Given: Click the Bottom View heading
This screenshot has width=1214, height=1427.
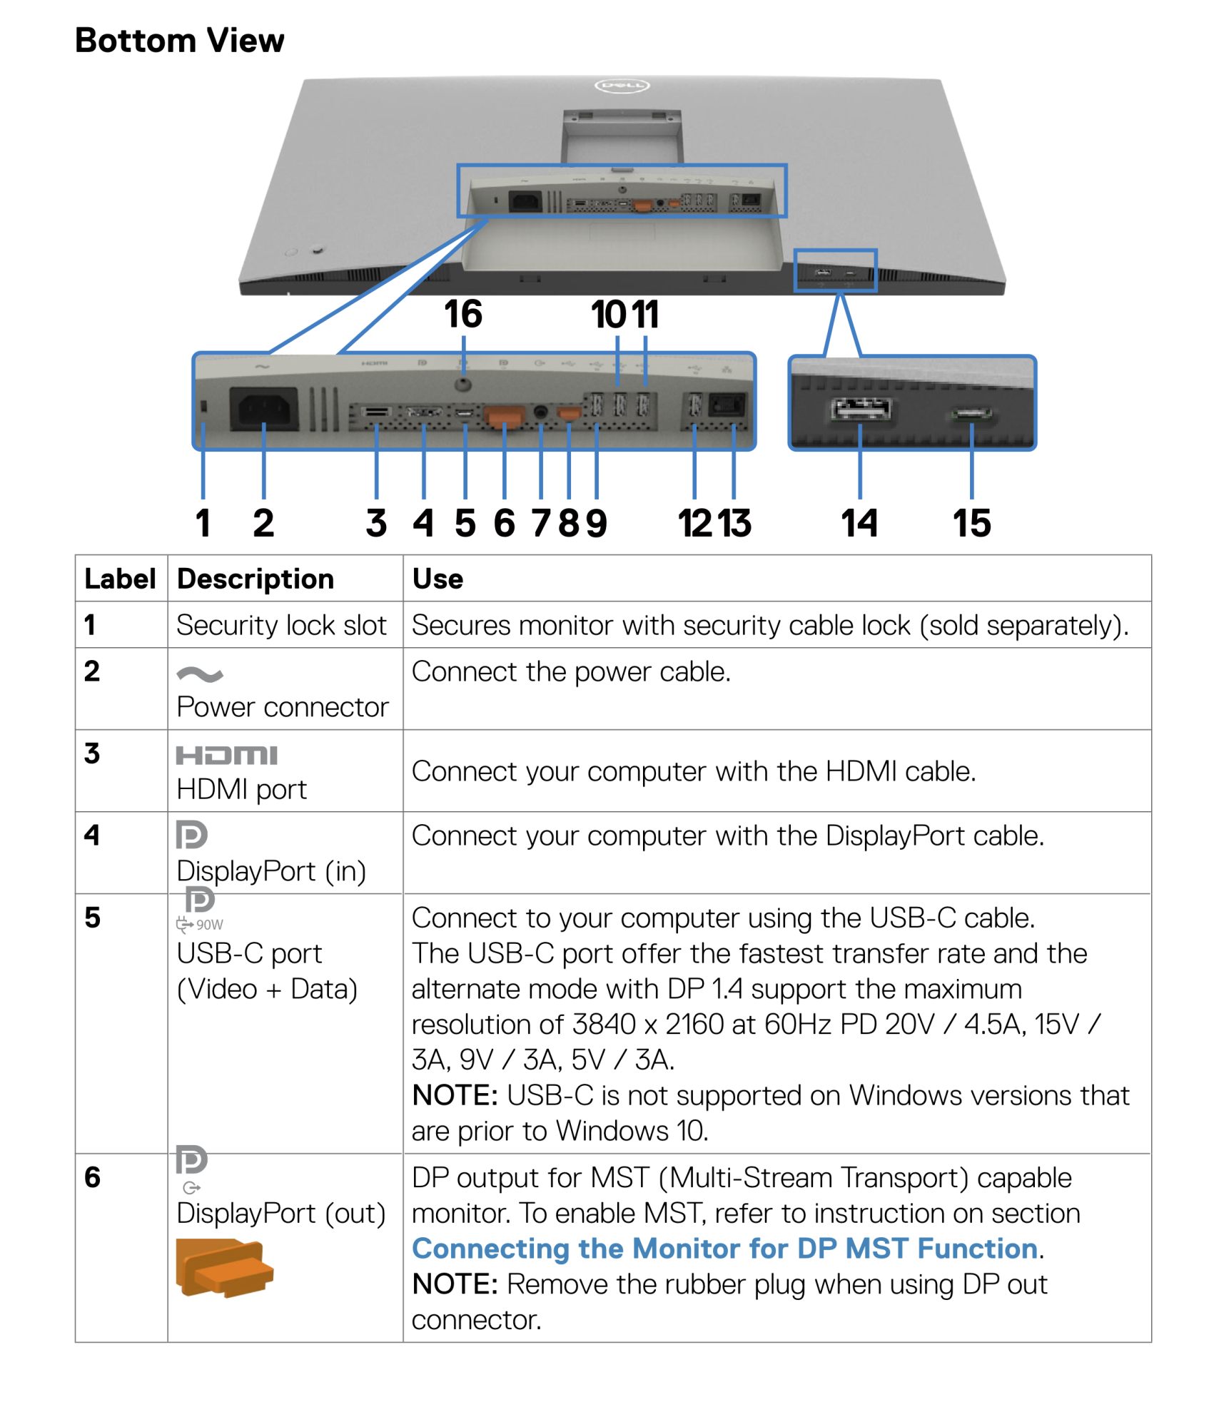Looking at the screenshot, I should click(x=179, y=40).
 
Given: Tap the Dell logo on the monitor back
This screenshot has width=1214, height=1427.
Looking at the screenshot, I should click(x=621, y=86).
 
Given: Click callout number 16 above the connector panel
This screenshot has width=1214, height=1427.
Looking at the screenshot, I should click(x=462, y=314).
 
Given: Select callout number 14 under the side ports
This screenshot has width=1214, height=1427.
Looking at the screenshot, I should click(x=859, y=523).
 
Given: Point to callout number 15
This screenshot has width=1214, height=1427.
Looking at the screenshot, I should click(x=971, y=523).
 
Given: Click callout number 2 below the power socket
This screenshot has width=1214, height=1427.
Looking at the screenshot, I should click(x=263, y=523).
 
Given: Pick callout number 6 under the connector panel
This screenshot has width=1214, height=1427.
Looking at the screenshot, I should click(x=504, y=523).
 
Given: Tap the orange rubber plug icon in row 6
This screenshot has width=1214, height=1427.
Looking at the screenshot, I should click(x=224, y=1267).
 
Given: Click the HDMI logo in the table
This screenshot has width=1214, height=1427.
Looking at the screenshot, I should click(x=226, y=755).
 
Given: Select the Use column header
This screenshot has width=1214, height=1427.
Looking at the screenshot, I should click(x=437, y=579).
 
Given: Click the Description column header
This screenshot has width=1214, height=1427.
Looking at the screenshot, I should click(x=255, y=579).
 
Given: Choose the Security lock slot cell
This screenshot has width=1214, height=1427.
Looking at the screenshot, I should click(x=281, y=625).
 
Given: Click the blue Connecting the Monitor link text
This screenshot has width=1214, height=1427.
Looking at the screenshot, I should click(x=724, y=1249).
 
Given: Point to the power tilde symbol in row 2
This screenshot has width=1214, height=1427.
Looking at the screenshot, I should click(x=200, y=674).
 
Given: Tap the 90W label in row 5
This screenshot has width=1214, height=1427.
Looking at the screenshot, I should click(x=209, y=925).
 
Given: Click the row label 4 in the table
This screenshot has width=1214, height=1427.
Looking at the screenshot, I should click(x=91, y=835).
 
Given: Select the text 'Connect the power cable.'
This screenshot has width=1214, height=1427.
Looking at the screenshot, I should click(x=571, y=671).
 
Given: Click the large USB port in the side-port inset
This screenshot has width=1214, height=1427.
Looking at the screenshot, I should click(x=861, y=410).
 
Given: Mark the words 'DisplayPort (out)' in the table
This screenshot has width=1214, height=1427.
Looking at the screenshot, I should click(x=280, y=1213).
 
